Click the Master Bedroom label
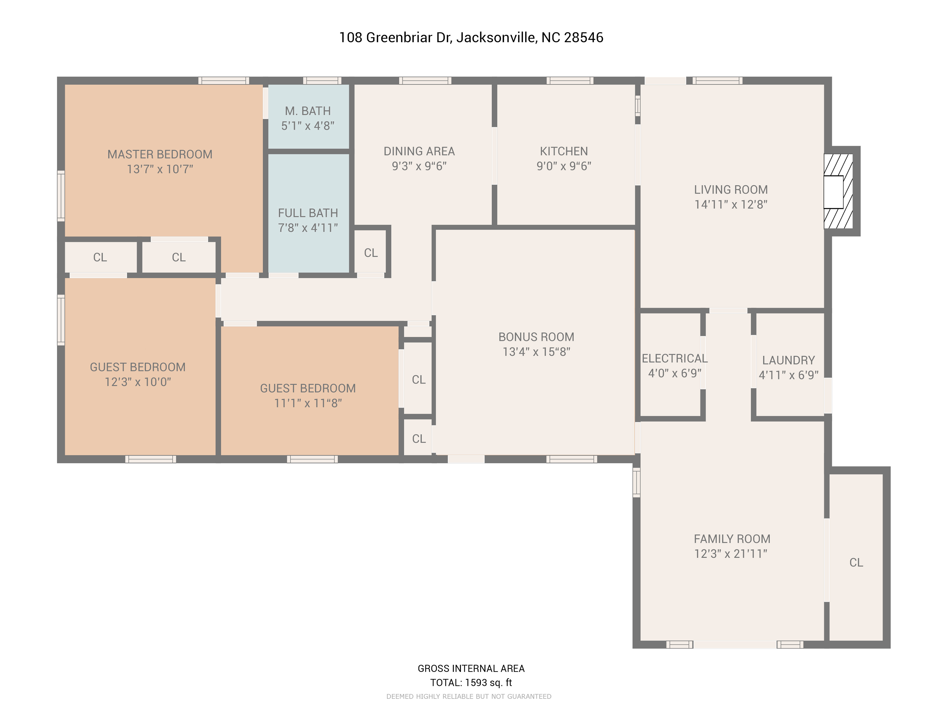tap(160, 154)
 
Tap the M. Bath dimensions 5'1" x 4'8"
tap(308, 126)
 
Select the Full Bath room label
tap(308, 213)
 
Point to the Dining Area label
tap(419, 151)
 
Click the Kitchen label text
tap(564, 151)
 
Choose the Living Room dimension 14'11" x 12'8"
tap(731, 204)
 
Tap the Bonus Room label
tap(536, 337)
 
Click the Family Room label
tap(732, 539)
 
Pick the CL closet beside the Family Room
tap(856, 563)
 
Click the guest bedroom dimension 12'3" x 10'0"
tap(138, 382)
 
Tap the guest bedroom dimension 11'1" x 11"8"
tap(308, 403)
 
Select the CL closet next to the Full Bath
tap(371, 253)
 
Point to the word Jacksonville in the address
tap(497, 38)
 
